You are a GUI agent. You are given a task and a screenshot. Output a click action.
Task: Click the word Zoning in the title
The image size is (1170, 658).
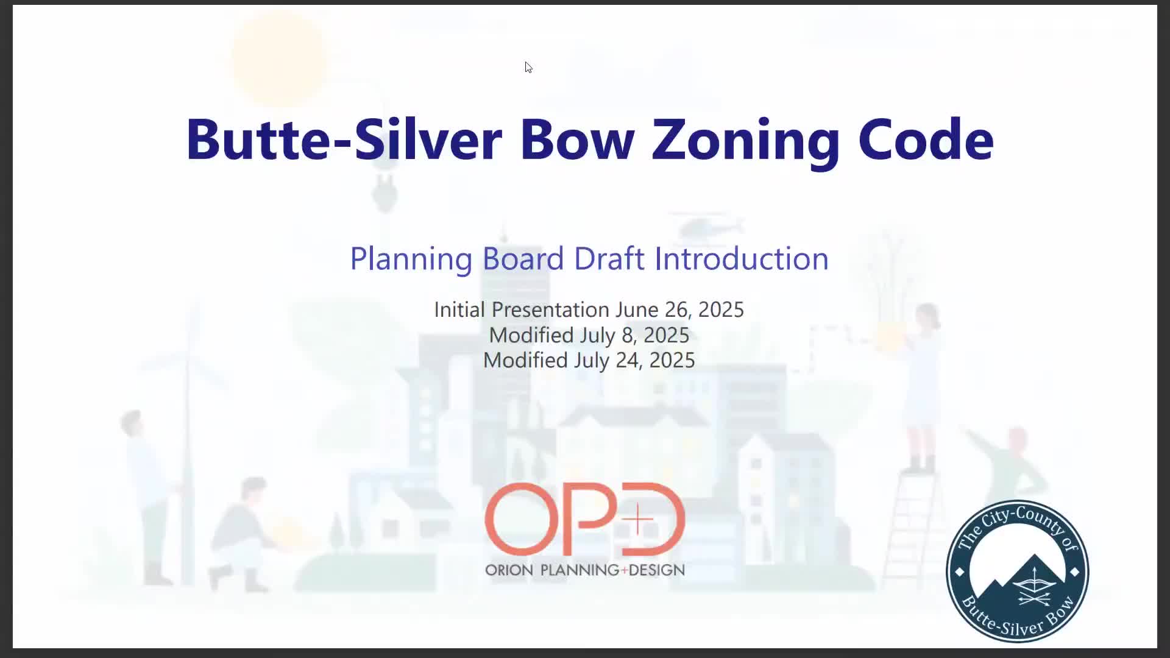[x=745, y=140]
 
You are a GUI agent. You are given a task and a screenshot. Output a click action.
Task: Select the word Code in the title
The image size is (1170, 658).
[x=926, y=140]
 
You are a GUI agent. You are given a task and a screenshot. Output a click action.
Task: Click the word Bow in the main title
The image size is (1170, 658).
[x=576, y=140]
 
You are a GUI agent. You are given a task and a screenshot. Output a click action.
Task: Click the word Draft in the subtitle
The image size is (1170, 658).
[x=609, y=259]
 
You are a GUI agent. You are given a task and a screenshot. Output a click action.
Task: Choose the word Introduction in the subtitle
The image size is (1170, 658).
[x=741, y=259]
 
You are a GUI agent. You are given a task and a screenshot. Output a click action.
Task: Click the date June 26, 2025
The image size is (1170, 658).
[x=679, y=310]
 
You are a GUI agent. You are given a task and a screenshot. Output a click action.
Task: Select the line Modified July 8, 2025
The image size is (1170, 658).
[x=589, y=335]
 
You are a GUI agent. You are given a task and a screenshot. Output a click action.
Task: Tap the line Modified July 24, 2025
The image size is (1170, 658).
[x=589, y=360]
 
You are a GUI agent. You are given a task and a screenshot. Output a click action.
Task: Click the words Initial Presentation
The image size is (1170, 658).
[x=521, y=310]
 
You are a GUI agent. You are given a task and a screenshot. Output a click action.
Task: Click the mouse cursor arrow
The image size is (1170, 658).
[x=528, y=67]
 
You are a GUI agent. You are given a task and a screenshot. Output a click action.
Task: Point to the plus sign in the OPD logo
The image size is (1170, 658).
[x=637, y=520]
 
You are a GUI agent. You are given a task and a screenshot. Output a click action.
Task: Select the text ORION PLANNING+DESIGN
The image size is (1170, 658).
[x=584, y=570]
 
